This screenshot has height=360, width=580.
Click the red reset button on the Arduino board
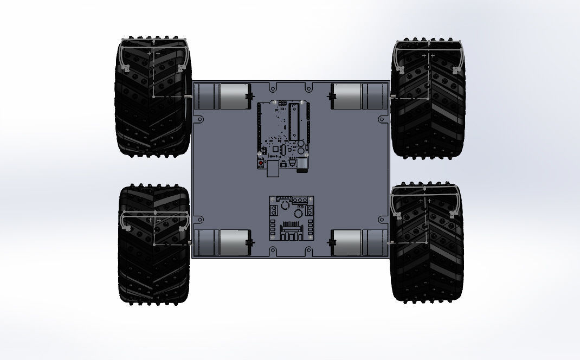point(261,163)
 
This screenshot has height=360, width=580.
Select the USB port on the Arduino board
point(273,169)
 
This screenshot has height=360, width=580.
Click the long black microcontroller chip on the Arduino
point(294,122)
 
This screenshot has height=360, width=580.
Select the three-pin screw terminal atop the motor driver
point(300,200)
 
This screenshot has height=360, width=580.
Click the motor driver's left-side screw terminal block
point(274,210)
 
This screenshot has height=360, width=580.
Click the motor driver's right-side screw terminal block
point(310,209)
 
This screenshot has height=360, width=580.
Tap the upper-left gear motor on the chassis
point(222,97)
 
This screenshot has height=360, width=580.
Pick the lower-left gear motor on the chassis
point(222,242)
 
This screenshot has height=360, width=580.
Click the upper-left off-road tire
point(153,98)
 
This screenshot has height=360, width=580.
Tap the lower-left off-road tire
point(153,244)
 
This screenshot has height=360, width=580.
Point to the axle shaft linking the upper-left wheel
point(188,97)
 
